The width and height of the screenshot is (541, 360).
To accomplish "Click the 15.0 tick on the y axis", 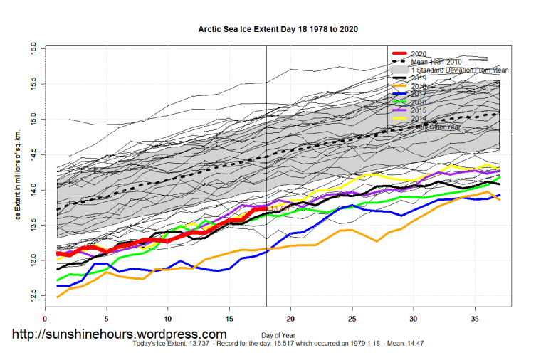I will tap(33, 118).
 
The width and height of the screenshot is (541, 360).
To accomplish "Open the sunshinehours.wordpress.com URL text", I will tap(119, 334).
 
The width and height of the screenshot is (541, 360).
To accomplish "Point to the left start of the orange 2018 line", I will tap(58, 297).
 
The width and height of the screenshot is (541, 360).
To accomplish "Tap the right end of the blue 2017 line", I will tap(499, 195).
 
